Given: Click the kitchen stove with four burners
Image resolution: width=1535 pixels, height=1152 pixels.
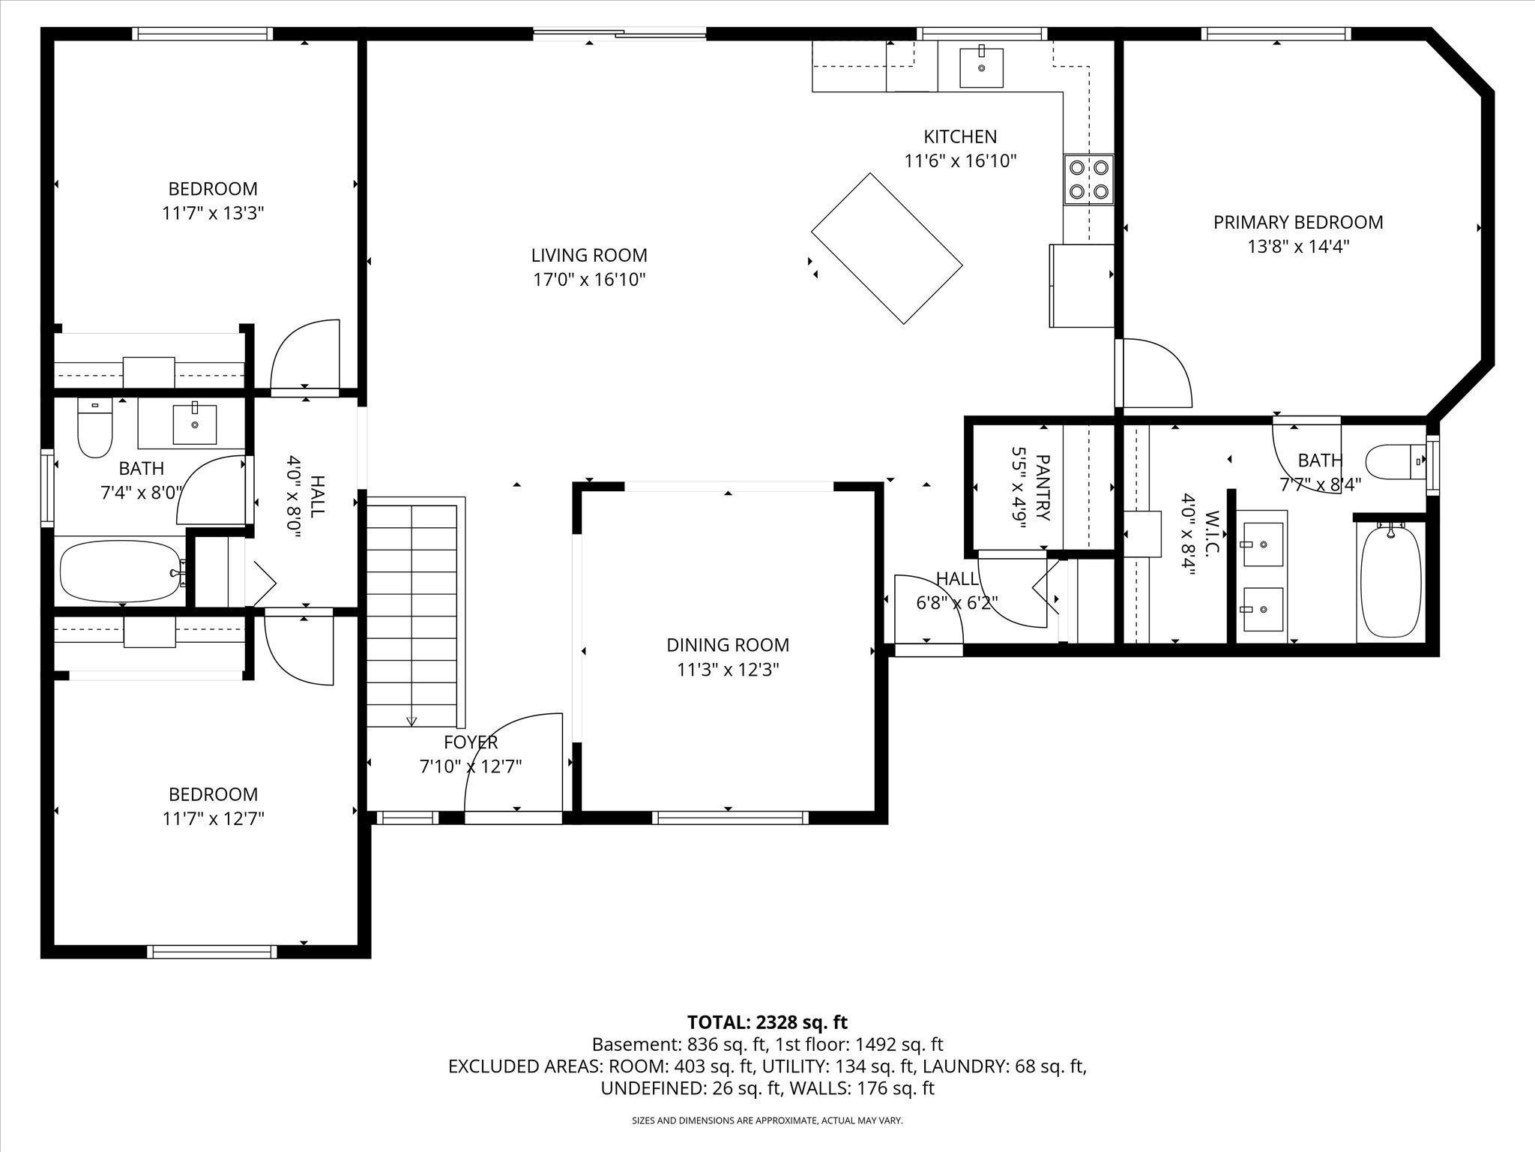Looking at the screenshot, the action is click(1088, 179).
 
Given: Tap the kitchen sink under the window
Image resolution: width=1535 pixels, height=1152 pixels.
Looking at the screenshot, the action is click(981, 67).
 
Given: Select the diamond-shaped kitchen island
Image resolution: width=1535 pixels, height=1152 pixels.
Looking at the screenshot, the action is click(887, 248).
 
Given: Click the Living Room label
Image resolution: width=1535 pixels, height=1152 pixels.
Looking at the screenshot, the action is click(589, 256).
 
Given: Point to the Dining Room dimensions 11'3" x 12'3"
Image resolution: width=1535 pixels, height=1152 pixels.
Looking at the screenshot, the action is click(728, 670).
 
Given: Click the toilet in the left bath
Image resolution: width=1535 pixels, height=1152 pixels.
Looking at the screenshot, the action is click(95, 428).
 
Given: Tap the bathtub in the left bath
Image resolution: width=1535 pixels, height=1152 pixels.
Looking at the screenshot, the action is click(122, 571).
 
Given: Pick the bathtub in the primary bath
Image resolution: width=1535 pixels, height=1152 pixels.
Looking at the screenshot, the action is click(1390, 581).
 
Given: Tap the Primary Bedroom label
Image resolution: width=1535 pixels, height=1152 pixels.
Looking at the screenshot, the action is click(1298, 223).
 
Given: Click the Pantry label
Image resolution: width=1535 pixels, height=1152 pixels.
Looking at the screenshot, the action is click(1043, 487).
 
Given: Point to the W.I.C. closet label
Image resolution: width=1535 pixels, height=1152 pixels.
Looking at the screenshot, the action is click(1213, 533).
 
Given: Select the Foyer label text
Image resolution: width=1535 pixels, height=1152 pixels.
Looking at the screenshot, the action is click(471, 742).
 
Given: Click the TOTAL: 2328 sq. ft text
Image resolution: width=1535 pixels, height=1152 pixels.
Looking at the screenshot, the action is click(767, 1022).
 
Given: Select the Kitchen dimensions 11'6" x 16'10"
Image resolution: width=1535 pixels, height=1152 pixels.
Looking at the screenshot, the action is click(960, 160).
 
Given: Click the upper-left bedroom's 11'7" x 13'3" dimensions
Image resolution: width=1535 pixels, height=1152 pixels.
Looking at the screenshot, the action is click(213, 213).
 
